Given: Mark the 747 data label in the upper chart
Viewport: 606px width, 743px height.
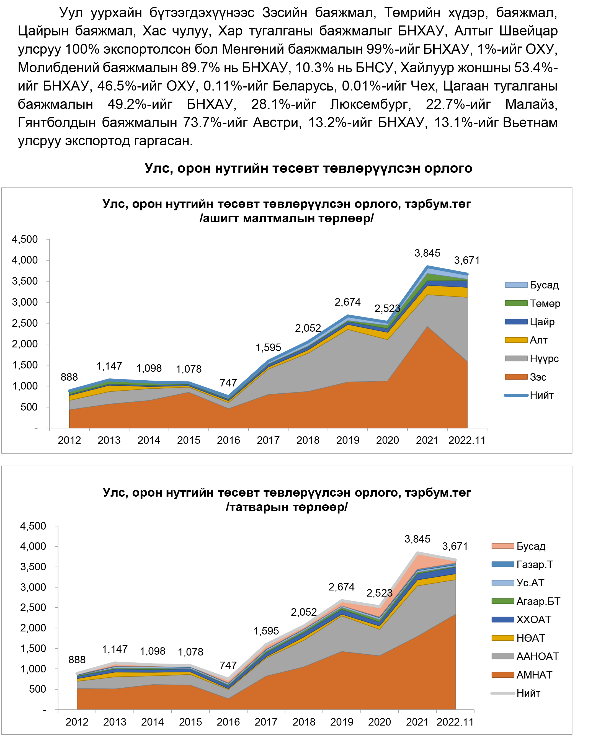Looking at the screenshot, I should [228, 383].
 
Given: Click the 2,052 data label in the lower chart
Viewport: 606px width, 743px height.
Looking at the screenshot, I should [304, 612].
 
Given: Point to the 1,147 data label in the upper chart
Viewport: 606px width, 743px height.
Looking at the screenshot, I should [109, 366].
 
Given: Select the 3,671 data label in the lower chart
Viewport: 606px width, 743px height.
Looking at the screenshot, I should [455, 546].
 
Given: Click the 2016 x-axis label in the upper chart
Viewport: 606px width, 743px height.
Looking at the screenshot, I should [228, 440].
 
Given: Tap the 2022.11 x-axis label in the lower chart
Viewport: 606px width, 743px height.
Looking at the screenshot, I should [455, 722].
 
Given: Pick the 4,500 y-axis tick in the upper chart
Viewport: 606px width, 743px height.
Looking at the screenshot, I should [25, 239].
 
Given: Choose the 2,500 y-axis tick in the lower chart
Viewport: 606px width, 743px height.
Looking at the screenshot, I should [33, 607].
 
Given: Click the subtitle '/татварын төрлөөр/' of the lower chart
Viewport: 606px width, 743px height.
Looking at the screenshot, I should [287, 507].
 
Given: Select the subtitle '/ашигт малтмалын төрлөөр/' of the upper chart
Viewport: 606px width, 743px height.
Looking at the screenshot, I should [287, 218].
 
